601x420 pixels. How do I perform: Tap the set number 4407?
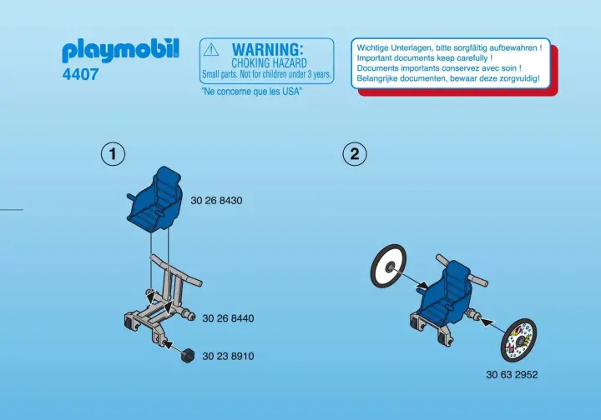pos(80,74)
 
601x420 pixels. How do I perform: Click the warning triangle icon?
pos(211,50)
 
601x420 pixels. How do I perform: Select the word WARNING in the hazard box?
pos(267,50)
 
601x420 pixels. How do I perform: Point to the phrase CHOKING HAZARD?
pos(269,63)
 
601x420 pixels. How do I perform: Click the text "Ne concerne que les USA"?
pos(252,92)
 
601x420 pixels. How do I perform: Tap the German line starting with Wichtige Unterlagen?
pos(449,47)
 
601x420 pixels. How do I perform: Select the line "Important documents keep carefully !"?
pos(425,58)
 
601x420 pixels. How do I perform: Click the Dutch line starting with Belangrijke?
pos(448,78)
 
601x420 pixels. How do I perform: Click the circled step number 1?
pos(113,154)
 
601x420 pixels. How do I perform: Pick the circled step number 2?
pos(355,154)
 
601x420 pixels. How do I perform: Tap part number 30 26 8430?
pos(216,201)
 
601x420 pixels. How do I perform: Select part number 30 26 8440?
pos(228,318)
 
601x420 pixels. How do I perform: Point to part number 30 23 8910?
pos(228,356)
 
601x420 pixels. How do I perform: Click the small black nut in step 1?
pos(188,356)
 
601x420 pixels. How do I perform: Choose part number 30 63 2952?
pos(512,374)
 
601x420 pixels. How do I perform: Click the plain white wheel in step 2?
pos(388,266)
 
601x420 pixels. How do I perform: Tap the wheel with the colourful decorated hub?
pos(518,340)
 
